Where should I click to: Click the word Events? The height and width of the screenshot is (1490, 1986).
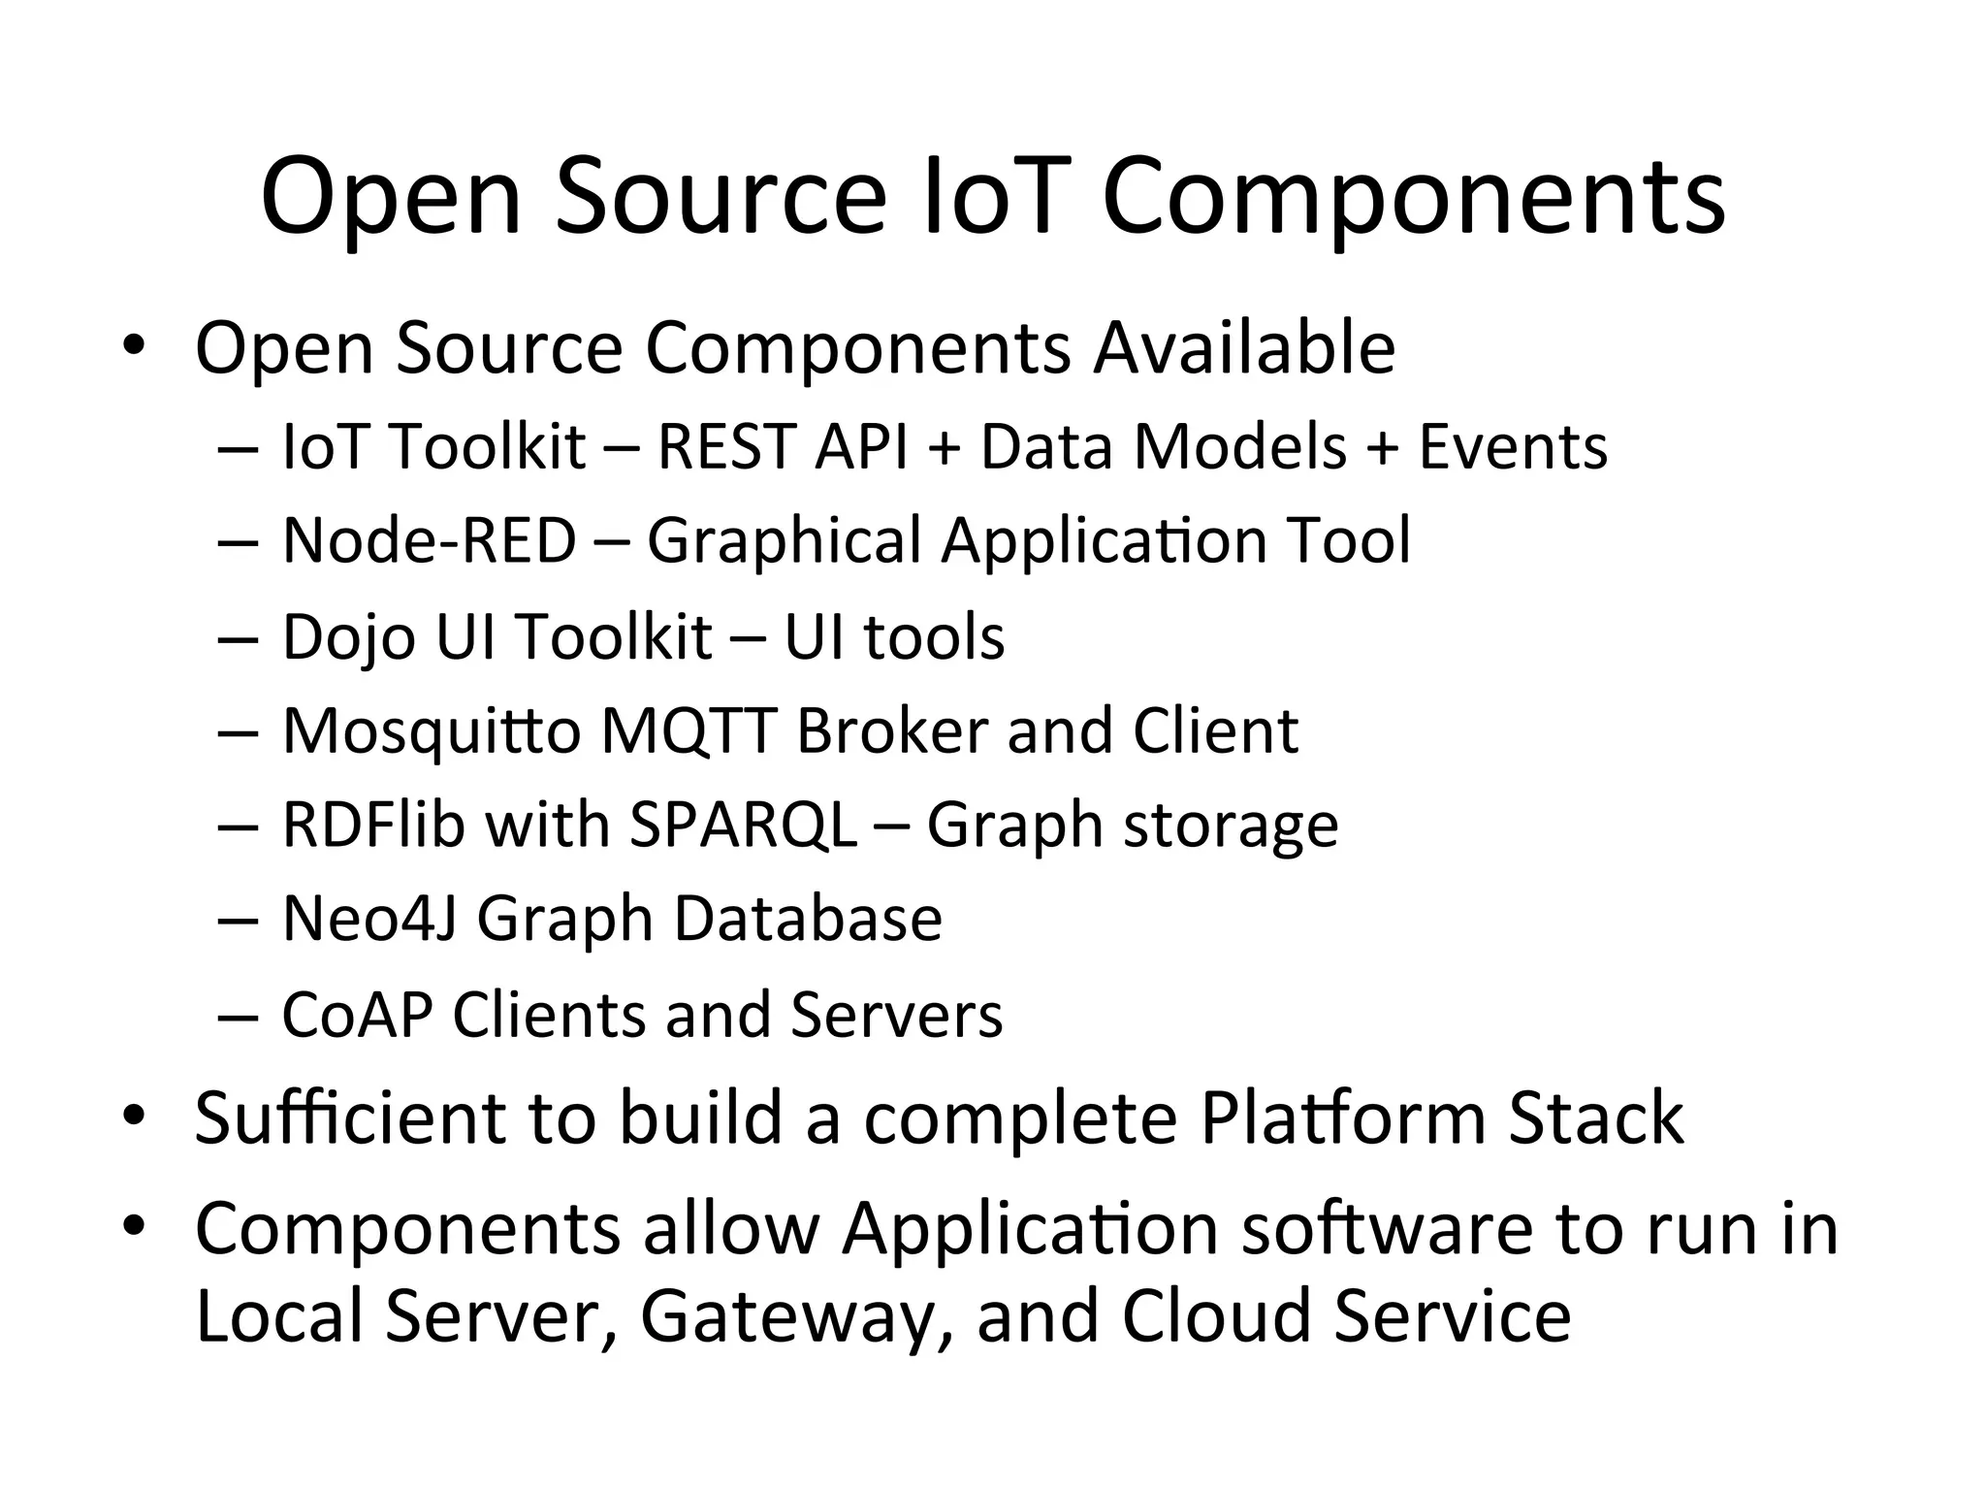coord(1513,447)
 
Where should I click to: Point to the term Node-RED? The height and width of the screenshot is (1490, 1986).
coord(429,540)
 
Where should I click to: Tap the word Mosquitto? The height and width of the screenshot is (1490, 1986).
coord(432,731)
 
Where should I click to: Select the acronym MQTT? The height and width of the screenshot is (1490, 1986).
coord(689,730)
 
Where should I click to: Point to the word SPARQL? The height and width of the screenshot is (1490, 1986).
coord(743,826)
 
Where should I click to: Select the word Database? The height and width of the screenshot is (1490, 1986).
coord(808,919)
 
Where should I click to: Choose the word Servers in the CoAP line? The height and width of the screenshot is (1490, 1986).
coord(896,1015)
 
